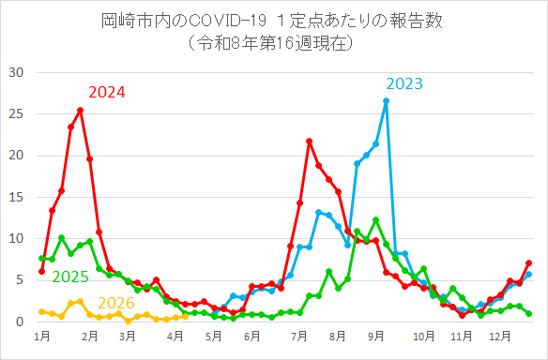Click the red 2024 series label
click(106, 92)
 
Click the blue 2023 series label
click(403, 84)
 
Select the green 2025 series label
click(70, 277)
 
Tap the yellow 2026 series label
click(116, 302)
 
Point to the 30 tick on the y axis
click(16, 72)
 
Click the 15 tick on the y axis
click(16, 197)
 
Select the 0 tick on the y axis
click(20, 322)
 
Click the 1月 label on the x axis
click(41, 335)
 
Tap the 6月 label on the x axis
click(251, 335)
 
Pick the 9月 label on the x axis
click(376, 335)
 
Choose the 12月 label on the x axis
click(503, 335)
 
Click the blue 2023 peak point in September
click(386, 100)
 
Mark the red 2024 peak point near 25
click(80, 110)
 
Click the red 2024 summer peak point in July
click(309, 141)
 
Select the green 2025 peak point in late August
click(375, 219)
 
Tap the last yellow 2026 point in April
click(185, 316)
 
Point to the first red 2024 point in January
click(41, 271)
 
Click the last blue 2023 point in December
click(529, 274)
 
